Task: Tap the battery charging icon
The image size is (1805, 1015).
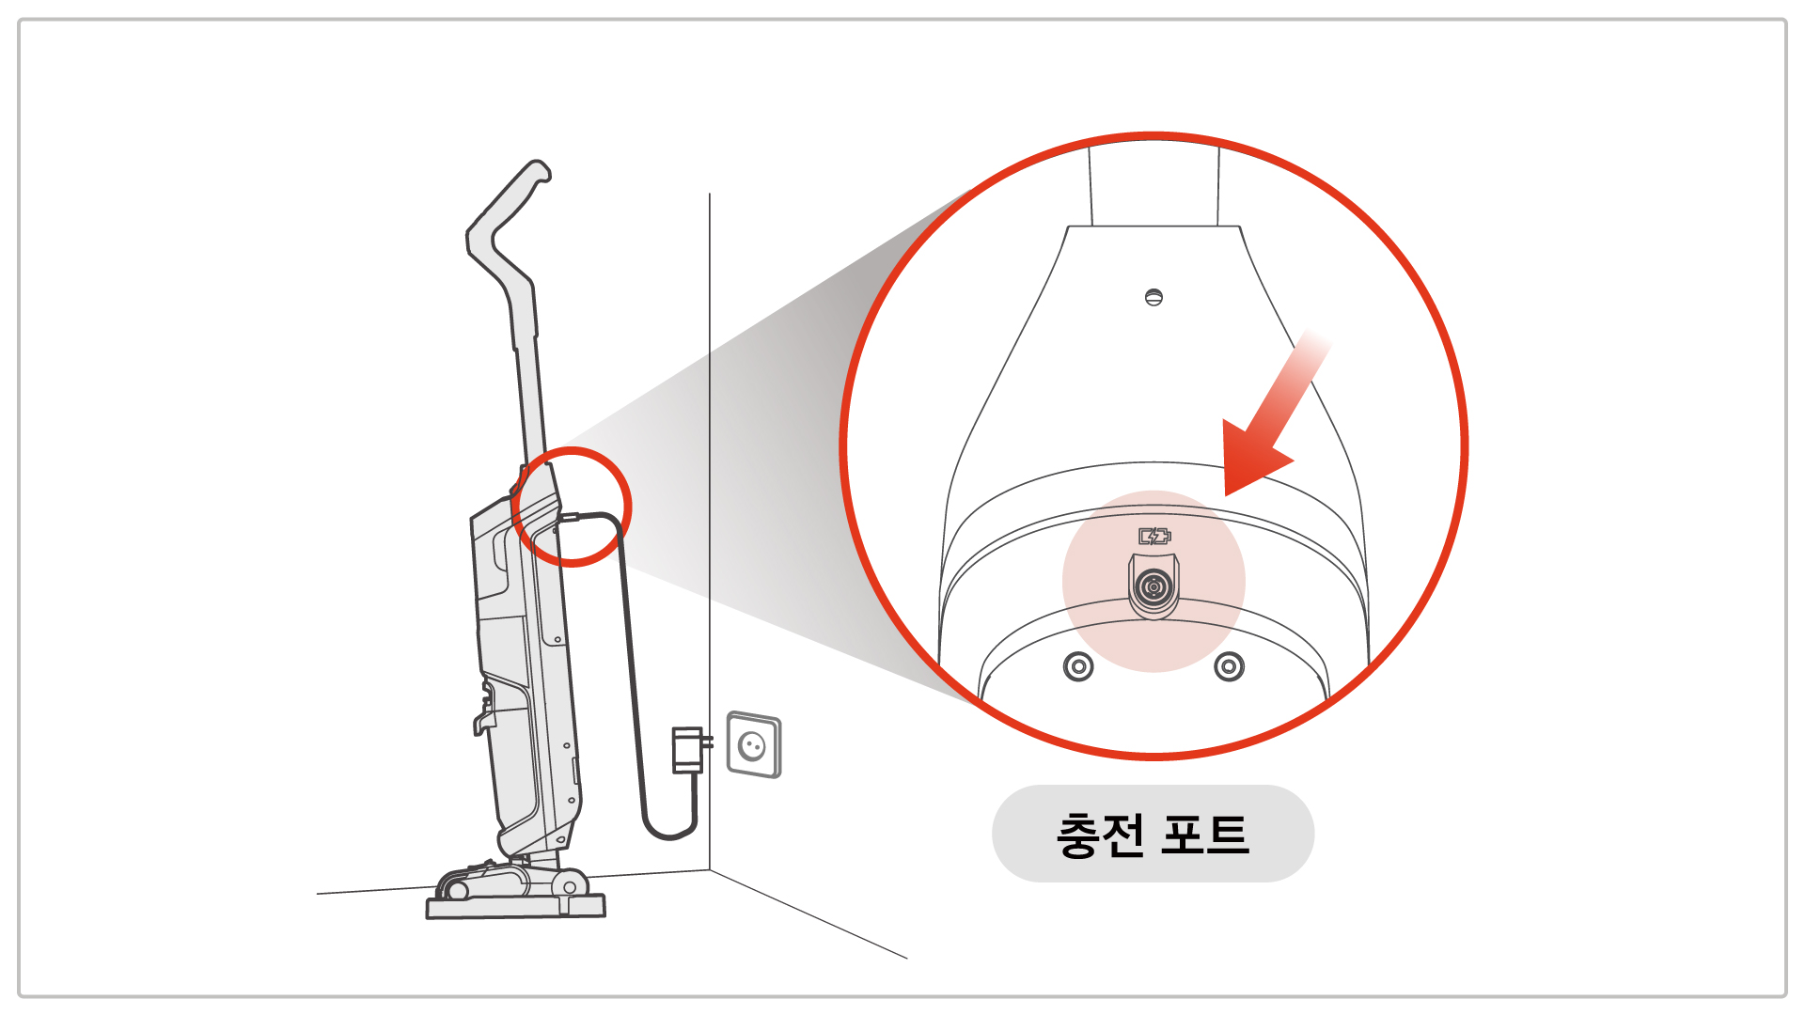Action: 1154,537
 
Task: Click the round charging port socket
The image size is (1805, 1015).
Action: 1154,587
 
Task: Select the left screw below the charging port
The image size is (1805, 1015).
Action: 1078,667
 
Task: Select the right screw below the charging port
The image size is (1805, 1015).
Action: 1229,666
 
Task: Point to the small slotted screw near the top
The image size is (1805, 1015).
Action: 1154,298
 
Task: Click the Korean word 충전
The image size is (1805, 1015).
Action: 1101,835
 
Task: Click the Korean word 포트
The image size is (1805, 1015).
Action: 1205,835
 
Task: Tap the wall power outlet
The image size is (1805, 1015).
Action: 754,745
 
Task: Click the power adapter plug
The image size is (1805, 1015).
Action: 690,749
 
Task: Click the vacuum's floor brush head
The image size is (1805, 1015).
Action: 513,882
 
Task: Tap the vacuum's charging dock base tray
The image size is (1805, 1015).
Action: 516,907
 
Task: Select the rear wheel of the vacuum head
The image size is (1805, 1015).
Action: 568,886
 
